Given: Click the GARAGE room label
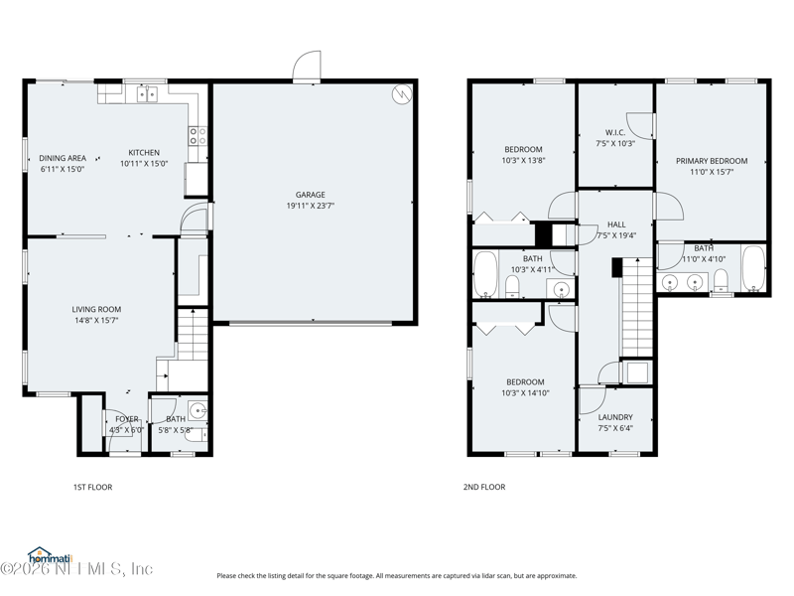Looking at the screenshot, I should [310, 195].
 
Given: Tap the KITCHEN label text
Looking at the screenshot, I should [144, 153].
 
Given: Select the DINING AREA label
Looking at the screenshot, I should [62, 158].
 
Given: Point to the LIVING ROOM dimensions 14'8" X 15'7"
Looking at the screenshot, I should [96, 321].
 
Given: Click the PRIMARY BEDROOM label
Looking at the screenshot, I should [712, 161].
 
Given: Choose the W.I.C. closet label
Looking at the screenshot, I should [614, 132].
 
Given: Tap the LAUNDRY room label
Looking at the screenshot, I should [615, 417].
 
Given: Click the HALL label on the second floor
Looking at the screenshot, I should [616, 225].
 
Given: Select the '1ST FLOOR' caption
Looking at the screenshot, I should [92, 487].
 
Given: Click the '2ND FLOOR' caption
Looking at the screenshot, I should [483, 487].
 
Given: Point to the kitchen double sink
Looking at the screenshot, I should [147, 94].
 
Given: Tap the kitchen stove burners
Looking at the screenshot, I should [198, 136].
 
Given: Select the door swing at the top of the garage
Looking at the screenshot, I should [307, 68].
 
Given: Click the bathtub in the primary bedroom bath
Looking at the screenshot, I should [753, 268].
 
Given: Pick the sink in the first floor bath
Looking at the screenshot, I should [198, 410].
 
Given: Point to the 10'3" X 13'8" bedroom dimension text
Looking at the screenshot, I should [523, 160].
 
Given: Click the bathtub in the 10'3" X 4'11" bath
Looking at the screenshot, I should [485, 274].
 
